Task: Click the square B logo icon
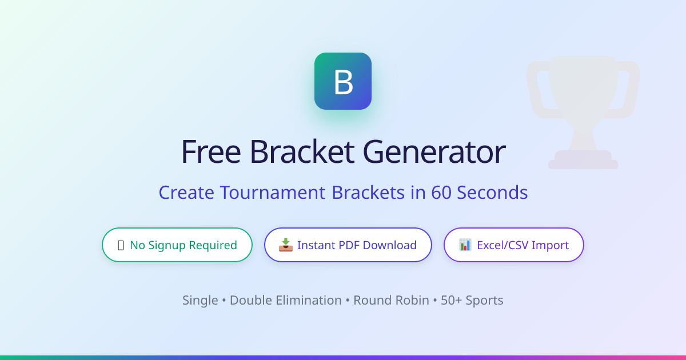(343, 81)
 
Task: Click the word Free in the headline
(212, 152)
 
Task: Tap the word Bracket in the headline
(302, 152)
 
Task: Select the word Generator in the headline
(434, 152)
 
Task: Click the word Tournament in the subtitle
(272, 193)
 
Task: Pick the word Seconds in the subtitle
(492, 193)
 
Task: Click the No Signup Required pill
(177, 245)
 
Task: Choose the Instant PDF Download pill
(348, 245)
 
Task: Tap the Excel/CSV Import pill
(513, 245)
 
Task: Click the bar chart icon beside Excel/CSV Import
(465, 245)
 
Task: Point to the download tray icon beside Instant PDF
(286, 245)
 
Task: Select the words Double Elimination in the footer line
(286, 301)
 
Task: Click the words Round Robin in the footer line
(391, 301)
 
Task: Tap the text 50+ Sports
(472, 301)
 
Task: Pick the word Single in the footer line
(200, 301)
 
